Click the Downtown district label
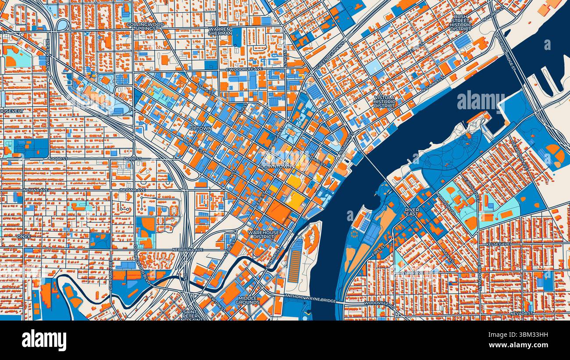click(276, 167)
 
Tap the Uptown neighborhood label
click(201, 128)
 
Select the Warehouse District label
click(264, 235)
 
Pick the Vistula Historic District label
click(385, 101)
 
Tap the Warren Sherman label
click(220, 31)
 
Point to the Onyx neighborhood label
click(24, 236)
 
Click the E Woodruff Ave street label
click(244, 69)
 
